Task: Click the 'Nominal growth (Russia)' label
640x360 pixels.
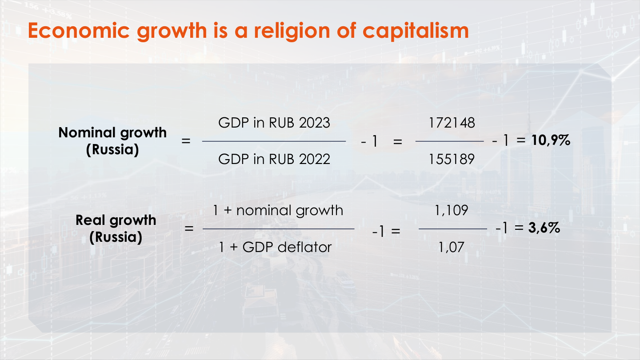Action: pos(112,141)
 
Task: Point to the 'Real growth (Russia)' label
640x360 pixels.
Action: pos(116,228)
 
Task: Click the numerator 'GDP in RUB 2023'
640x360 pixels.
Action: pos(274,123)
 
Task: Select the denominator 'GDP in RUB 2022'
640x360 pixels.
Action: pos(274,159)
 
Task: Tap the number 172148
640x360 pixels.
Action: pos(452,123)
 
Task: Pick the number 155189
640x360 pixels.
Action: pos(452,159)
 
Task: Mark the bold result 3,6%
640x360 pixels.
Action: pos(544,228)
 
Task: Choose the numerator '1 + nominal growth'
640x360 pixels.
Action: pos(278,210)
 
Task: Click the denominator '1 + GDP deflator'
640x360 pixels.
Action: pos(275,247)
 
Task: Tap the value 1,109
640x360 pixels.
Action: pos(452,210)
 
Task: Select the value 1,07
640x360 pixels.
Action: pos(451,247)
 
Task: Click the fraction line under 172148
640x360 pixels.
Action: pos(449,141)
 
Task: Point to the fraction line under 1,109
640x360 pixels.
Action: pos(453,229)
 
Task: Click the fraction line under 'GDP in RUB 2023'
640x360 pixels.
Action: pos(274,141)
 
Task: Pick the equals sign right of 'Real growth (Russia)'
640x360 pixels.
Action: pos(189,229)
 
